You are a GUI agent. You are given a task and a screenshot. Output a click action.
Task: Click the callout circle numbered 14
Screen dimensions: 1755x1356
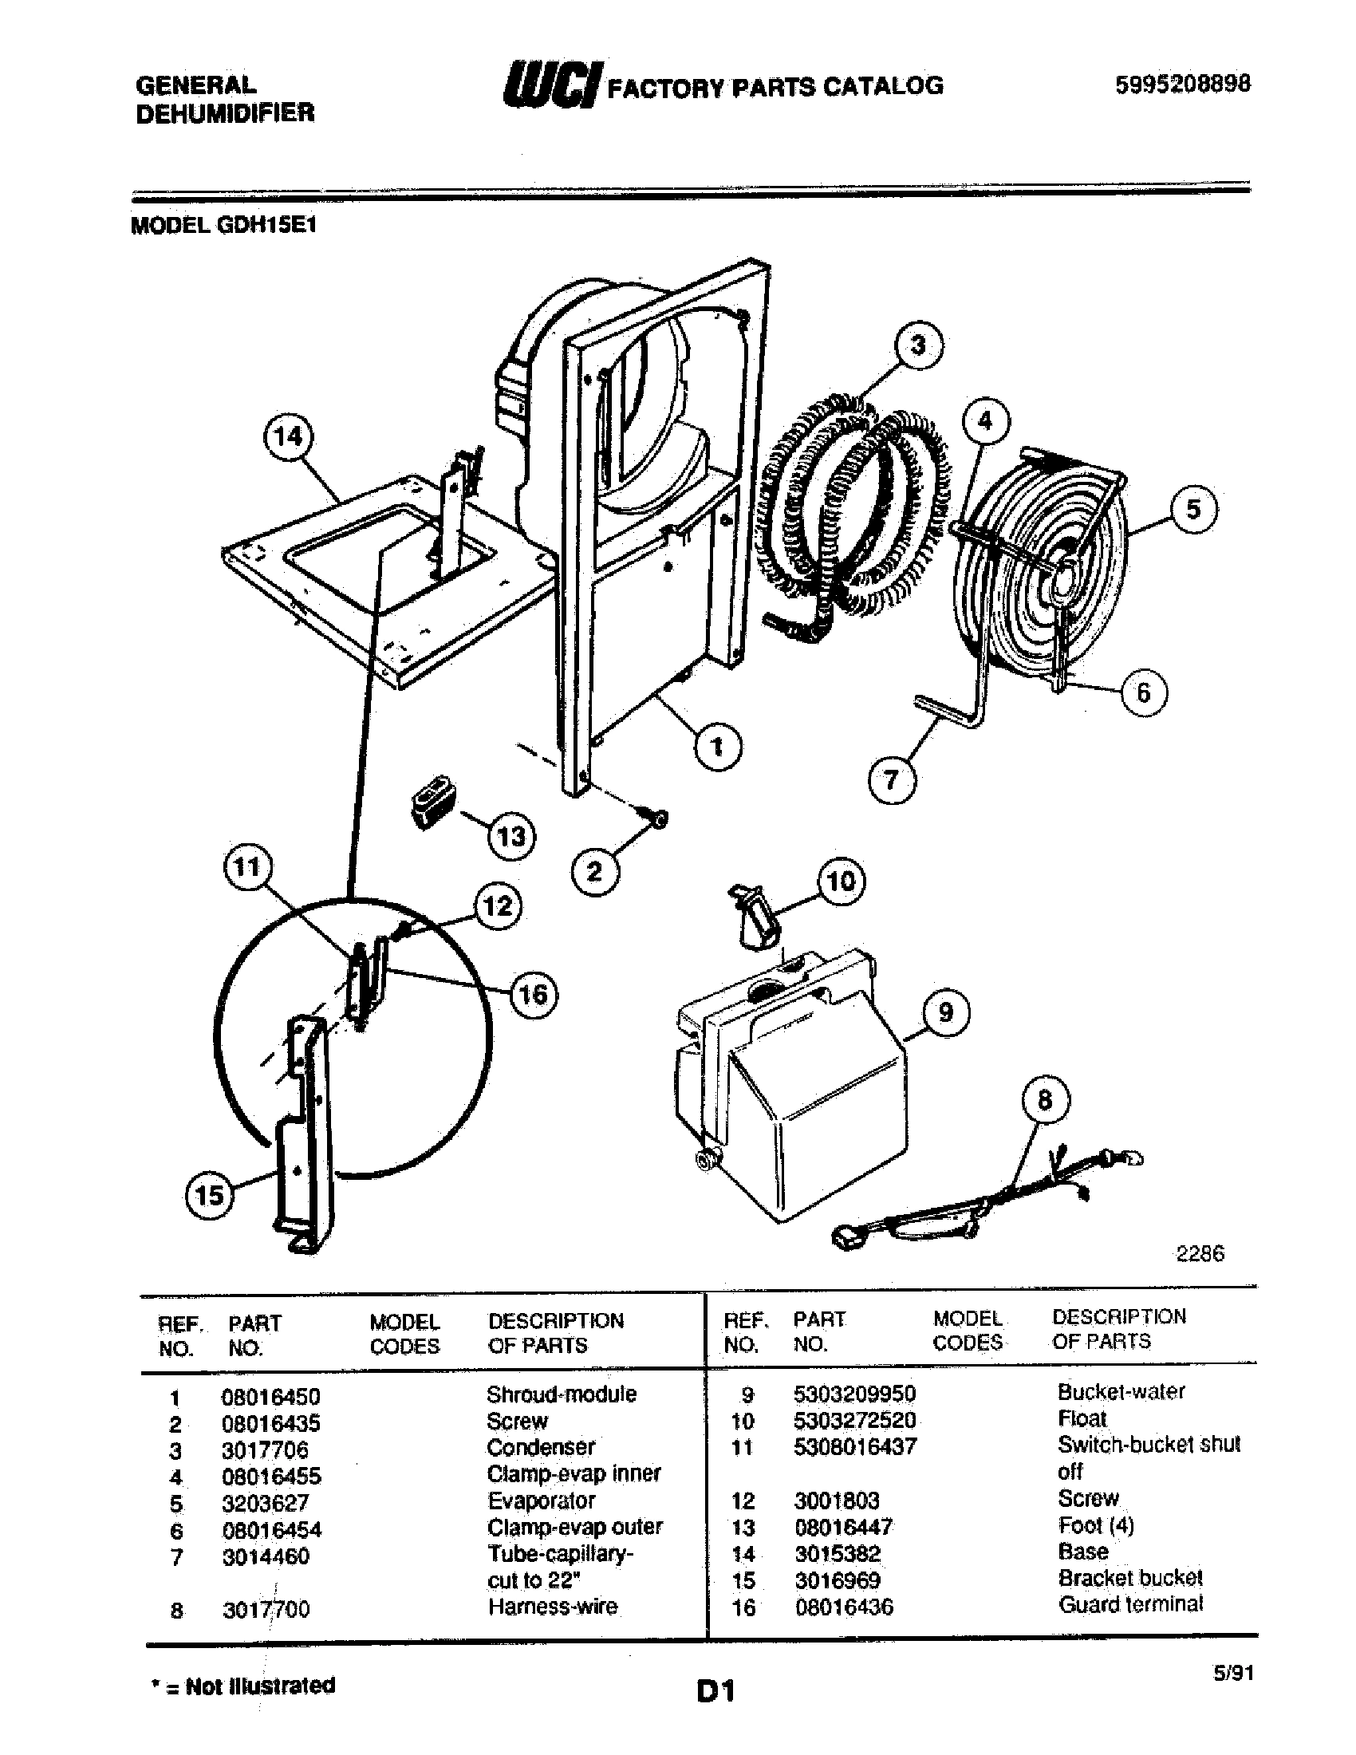pyautogui.click(x=288, y=437)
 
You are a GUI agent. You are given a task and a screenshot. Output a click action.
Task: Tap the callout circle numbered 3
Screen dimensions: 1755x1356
pyautogui.click(x=917, y=345)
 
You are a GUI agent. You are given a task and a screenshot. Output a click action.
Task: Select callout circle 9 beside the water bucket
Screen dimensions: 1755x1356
pyautogui.click(x=944, y=1012)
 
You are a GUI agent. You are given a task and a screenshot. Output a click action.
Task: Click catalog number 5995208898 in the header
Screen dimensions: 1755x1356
pyautogui.click(x=1181, y=84)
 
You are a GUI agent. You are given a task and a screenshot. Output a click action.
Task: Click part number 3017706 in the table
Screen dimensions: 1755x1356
pyautogui.click(x=265, y=1449)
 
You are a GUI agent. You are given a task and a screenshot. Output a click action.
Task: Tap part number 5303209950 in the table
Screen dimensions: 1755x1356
pyautogui.click(x=855, y=1394)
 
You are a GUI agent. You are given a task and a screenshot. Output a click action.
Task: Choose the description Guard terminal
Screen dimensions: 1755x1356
pyautogui.click(x=1130, y=1604)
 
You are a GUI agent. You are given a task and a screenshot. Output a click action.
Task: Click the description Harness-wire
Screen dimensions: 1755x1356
pyautogui.click(x=553, y=1607)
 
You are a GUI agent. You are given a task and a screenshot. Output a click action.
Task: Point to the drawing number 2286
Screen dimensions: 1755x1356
pyautogui.click(x=1200, y=1253)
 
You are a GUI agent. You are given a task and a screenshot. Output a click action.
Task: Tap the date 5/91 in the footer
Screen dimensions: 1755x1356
pyautogui.click(x=1232, y=1672)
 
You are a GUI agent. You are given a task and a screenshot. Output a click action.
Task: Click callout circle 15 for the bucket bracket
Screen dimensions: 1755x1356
pyautogui.click(x=209, y=1195)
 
